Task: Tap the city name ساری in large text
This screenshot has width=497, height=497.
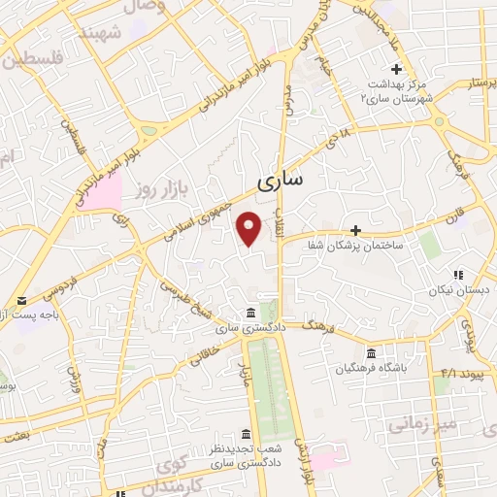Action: [x=281, y=181]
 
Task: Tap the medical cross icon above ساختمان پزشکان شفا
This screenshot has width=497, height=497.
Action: [x=356, y=230]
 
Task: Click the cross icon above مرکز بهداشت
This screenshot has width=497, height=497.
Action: [x=395, y=69]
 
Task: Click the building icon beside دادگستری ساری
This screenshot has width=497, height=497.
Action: [x=251, y=313]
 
